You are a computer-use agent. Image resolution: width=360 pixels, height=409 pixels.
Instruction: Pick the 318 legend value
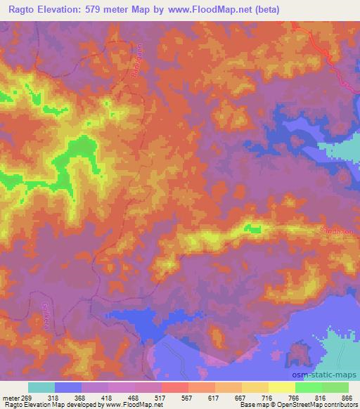[x=54, y=396]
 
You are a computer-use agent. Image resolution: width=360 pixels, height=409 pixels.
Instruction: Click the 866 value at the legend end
[x=347, y=396]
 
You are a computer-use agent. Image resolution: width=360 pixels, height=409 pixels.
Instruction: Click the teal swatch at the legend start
[x=41, y=387]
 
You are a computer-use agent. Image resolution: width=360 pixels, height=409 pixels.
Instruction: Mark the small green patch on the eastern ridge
[x=253, y=228]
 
